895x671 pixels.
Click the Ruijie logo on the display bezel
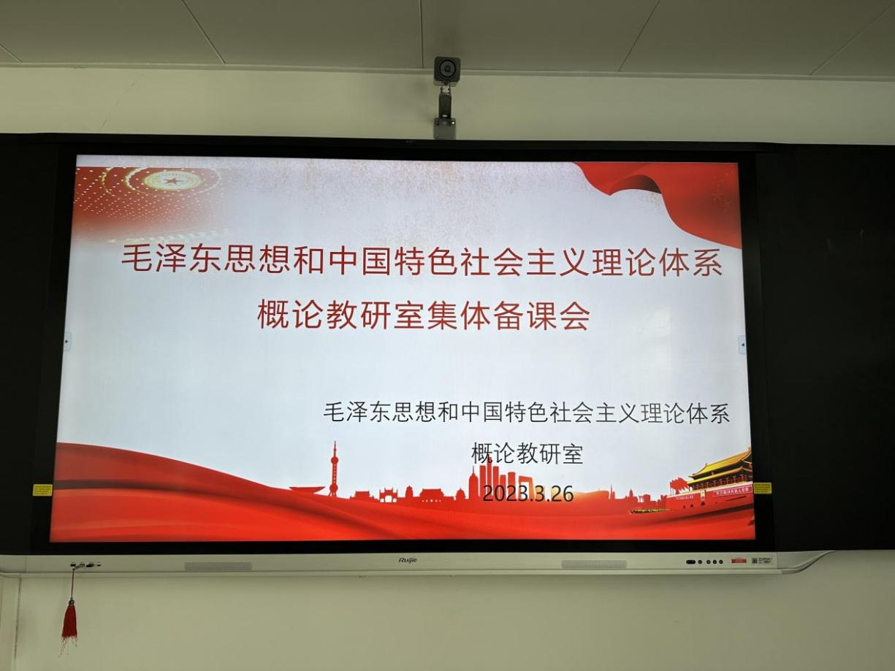tap(408, 561)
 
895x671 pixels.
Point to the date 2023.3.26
tap(528, 494)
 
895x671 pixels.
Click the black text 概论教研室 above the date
tap(527, 453)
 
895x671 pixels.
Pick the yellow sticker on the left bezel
tap(42, 489)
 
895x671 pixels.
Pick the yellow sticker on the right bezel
tap(762, 488)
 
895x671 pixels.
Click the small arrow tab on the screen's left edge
tap(67, 341)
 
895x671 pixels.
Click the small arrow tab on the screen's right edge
tap(742, 345)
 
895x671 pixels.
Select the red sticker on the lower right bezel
tap(739, 561)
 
